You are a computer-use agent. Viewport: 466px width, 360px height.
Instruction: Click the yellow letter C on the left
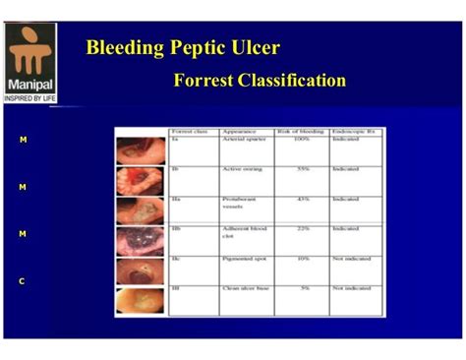click(x=23, y=281)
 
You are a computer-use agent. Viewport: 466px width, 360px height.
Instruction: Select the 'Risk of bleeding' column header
click(x=299, y=131)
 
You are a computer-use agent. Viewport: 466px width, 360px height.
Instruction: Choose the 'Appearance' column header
click(x=240, y=131)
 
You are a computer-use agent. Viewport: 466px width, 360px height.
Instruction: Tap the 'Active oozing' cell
click(x=242, y=169)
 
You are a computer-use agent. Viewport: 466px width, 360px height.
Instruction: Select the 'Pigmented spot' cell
click(x=244, y=259)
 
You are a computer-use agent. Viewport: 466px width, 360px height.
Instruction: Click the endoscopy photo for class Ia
click(x=142, y=150)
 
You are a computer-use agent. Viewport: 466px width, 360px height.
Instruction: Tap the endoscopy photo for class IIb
click(x=142, y=241)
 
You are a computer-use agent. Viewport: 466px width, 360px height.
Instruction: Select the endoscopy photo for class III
click(x=142, y=299)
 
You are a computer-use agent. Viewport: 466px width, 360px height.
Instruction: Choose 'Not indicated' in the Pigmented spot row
click(x=352, y=259)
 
